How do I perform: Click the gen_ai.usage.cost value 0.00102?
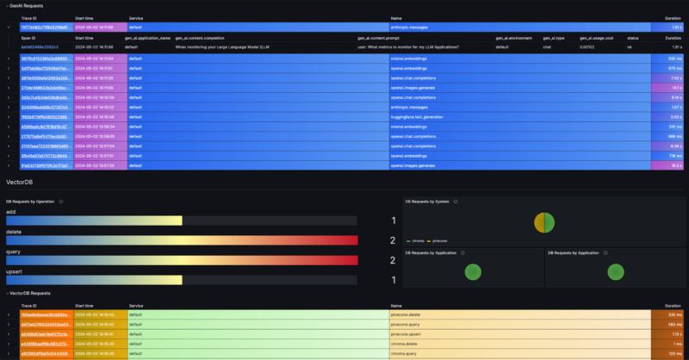[588, 47]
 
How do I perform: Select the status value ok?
[632, 47]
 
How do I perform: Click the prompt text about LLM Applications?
[408, 47]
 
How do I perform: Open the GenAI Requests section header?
[27, 5]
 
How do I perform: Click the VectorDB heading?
[20, 183]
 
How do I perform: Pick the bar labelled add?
[94, 220]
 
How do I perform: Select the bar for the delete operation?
[181, 240]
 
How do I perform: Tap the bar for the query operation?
[181, 260]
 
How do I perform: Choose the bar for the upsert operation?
[94, 280]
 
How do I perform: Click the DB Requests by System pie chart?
[543, 221]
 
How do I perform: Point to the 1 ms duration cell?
[676, 343]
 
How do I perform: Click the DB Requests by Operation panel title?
[31, 201]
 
